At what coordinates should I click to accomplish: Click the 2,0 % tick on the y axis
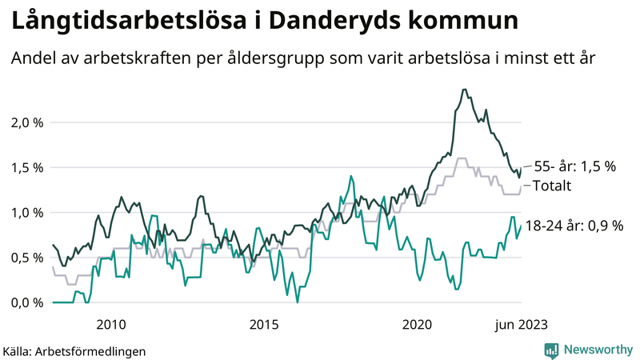point(25,122)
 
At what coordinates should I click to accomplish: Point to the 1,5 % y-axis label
point(25,167)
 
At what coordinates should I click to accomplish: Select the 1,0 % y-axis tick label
point(25,212)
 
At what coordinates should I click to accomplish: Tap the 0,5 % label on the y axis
point(25,257)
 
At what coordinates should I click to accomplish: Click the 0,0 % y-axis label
point(25,302)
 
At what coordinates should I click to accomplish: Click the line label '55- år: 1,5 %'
point(574,166)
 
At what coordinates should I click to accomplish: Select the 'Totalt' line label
point(552,186)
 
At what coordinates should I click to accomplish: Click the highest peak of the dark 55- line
point(465,90)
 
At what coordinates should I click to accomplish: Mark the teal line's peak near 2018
point(350,176)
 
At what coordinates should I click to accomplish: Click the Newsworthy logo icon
point(552,350)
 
